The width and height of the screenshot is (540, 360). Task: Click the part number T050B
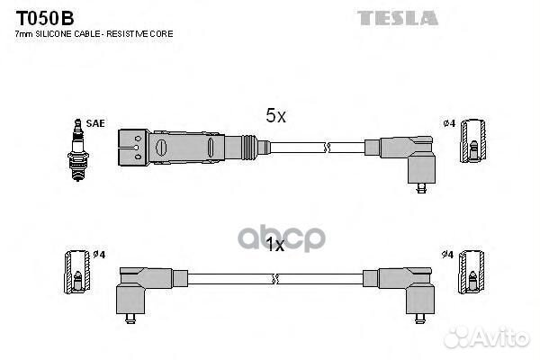tap(45, 18)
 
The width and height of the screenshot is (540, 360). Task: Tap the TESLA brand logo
tap(398, 18)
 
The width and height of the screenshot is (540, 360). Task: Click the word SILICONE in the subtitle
tap(53, 34)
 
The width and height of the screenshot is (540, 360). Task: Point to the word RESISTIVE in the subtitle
tap(127, 34)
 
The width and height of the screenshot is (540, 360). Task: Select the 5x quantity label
tap(275, 115)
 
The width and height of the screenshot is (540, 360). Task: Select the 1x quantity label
tap(275, 245)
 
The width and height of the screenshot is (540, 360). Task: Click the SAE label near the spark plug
tap(95, 123)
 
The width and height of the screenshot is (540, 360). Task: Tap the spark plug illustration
tap(78, 150)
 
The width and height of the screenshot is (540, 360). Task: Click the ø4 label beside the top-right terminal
tap(449, 123)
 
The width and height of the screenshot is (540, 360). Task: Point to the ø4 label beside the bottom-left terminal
tap(99, 254)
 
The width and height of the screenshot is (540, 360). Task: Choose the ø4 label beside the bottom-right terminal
tap(447, 254)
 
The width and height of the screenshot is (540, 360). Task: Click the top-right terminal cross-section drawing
tap(473, 140)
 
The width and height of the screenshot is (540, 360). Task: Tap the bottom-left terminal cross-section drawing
tap(77, 272)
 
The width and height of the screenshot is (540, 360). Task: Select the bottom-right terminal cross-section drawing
tap(472, 272)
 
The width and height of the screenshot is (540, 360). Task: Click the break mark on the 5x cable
tap(327, 148)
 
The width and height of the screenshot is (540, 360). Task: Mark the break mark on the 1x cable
tap(274, 279)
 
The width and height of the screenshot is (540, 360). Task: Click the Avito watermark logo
tap(486, 337)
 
